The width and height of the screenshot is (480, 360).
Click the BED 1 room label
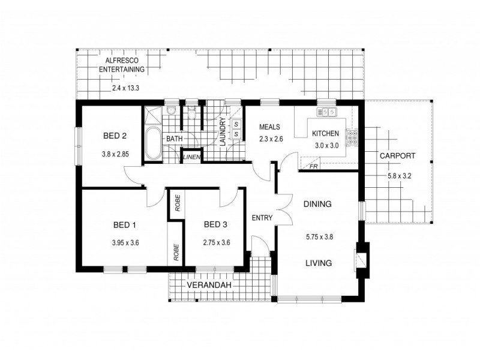point(125,226)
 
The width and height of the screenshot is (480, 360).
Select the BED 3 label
point(216,226)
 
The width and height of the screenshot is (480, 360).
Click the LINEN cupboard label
point(191,158)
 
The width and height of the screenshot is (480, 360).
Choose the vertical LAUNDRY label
point(223,133)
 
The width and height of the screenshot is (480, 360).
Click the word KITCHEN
point(325,133)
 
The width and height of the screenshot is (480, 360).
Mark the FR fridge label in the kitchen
point(313,166)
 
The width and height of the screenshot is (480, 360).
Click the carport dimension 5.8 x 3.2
point(397,176)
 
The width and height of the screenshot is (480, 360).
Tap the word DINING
point(317,204)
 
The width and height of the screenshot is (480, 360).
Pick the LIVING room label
point(317,262)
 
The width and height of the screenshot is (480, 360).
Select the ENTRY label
point(262,217)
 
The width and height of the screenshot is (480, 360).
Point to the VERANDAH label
point(208,284)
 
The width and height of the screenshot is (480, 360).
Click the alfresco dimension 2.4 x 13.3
point(125,88)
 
